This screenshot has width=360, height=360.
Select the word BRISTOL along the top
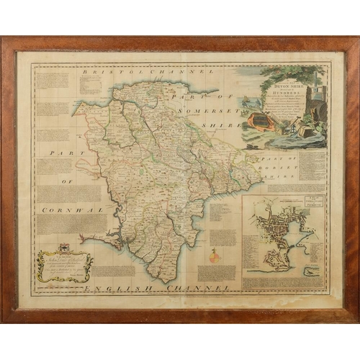pyautogui.click(x=109, y=73)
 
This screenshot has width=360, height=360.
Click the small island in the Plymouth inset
pyautogui.click(x=310, y=273)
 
